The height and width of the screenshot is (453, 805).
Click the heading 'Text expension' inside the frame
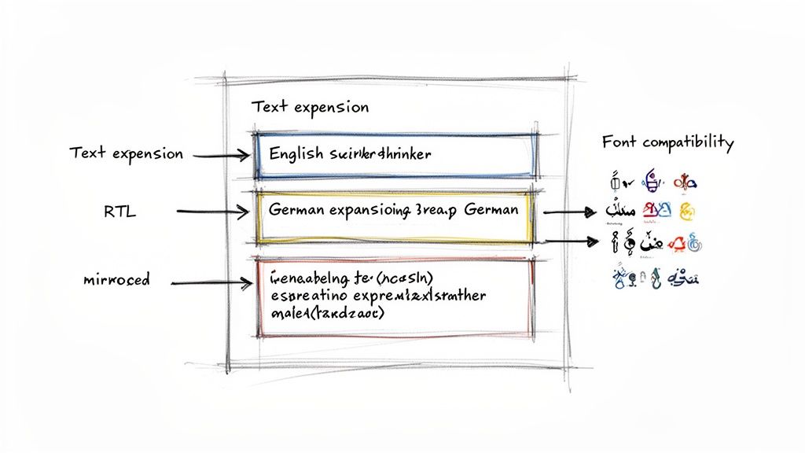(310, 107)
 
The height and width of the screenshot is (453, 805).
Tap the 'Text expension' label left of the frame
(126, 153)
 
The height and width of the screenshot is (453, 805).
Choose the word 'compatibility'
(688, 143)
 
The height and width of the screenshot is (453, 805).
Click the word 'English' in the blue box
(296, 154)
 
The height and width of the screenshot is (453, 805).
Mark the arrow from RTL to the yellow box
(213, 211)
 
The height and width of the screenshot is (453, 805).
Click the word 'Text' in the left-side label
(86, 153)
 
